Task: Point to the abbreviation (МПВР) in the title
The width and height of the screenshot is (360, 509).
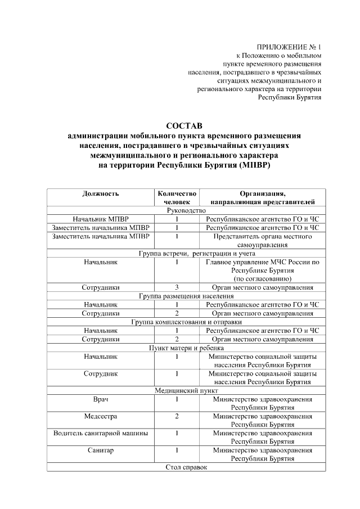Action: click(258, 165)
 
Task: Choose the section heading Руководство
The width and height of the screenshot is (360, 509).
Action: click(186, 210)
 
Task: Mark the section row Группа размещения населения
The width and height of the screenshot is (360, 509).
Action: click(186, 296)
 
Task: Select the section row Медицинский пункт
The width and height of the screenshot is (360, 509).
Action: click(186, 390)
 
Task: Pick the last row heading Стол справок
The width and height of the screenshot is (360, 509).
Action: click(186, 467)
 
